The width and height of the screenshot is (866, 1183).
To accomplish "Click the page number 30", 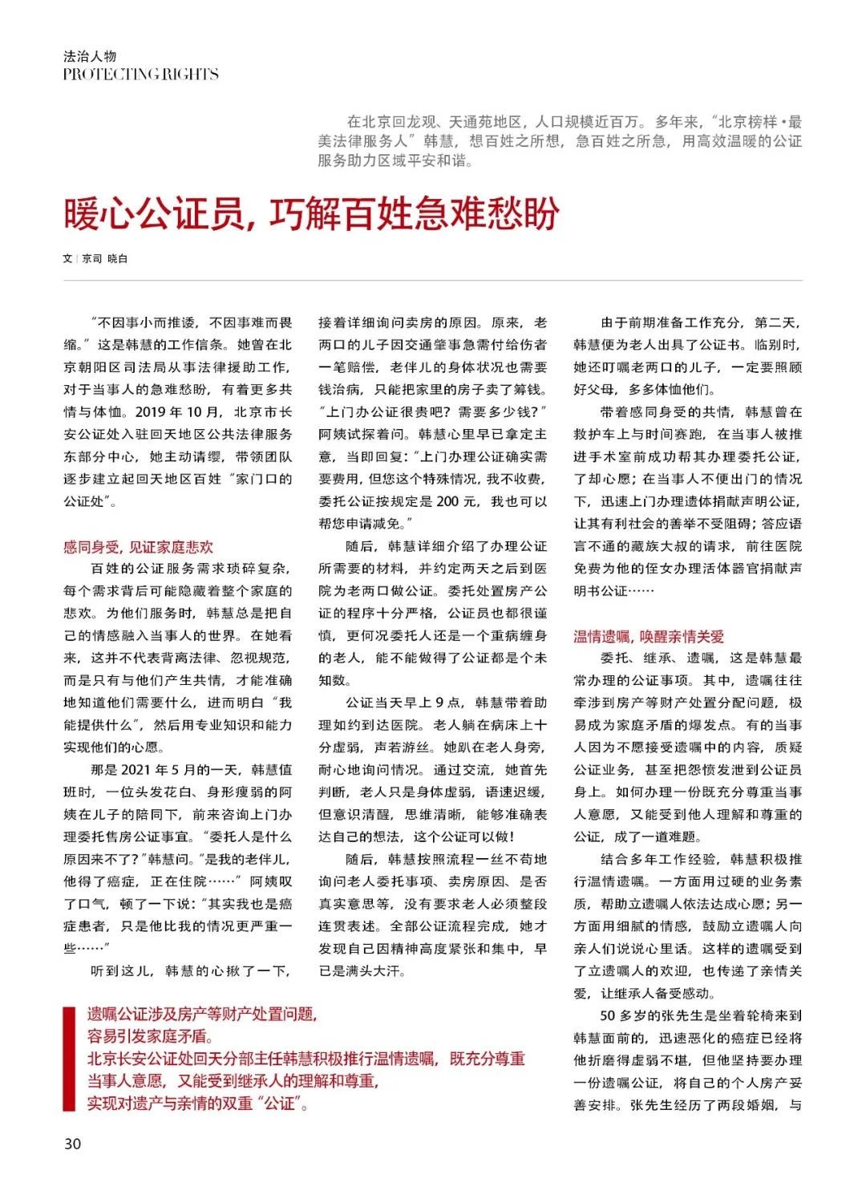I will [72, 1144].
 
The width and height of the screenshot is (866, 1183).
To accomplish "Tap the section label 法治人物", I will [90, 56].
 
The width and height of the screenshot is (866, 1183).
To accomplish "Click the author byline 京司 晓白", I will [104, 259].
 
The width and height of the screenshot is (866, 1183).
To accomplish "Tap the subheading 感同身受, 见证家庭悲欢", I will [139, 547].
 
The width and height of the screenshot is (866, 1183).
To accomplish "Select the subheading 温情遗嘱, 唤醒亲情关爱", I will [649, 637].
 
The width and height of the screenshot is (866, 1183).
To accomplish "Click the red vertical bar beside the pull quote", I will [68, 1059].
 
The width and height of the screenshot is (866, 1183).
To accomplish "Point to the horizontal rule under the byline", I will [433, 280].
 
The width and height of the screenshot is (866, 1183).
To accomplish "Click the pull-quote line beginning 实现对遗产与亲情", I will [197, 1104].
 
